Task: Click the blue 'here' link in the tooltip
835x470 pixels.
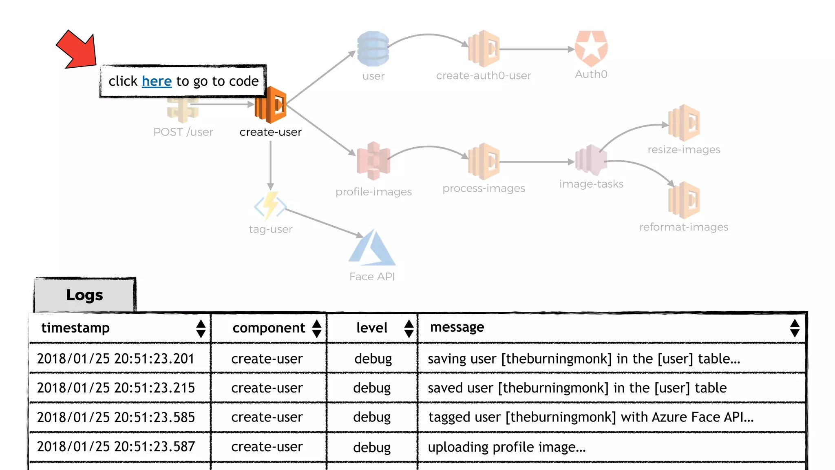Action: coord(157,81)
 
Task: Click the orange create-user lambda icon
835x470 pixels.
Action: coord(271,105)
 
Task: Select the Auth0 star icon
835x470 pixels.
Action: coord(591,49)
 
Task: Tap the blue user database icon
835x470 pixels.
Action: coord(373,49)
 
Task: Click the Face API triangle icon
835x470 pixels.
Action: coord(372,248)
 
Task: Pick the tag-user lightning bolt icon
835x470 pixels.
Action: coord(270,206)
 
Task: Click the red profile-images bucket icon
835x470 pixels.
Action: coord(373,161)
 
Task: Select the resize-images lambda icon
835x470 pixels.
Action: coord(684,123)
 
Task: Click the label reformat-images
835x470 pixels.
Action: coord(684,227)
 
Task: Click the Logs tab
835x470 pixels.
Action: coord(85,295)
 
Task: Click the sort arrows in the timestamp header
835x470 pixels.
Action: coord(201,328)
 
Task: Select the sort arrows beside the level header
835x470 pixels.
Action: coord(409,328)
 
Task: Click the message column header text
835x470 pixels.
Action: coord(457,327)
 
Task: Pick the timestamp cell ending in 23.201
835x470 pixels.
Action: coord(116,359)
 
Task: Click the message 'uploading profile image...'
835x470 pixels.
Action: coord(506,447)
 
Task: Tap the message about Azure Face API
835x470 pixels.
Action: coord(591,417)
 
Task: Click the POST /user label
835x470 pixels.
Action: coord(183,132)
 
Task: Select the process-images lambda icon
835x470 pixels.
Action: coord(484,162)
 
